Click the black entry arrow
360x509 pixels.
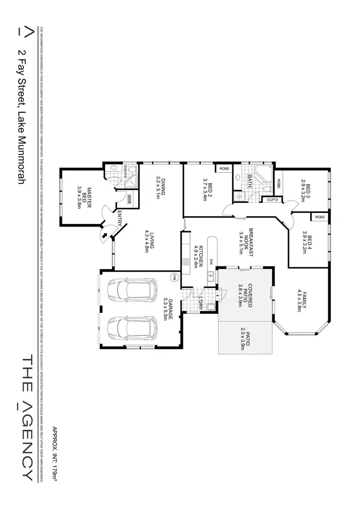point(105,235)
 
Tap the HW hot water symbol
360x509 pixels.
point(175,277)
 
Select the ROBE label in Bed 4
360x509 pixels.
point(320,217)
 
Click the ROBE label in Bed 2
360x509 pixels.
point(224,168)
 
